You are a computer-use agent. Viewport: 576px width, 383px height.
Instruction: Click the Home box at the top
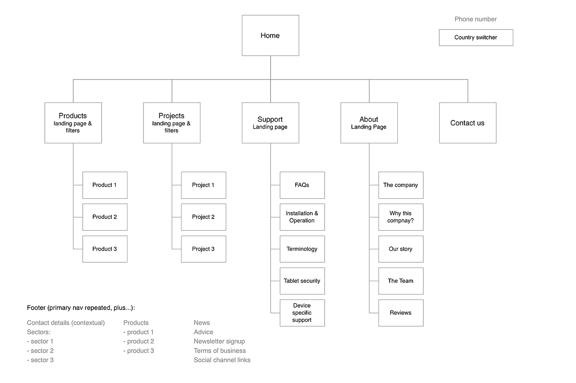point(270,36)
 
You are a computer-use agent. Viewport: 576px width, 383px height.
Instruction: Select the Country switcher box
point(476,38)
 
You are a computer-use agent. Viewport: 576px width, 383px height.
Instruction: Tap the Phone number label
point(476,19)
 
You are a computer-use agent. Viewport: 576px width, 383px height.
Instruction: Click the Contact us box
point(468,123)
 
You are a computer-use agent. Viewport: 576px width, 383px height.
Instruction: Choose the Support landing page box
point(270,123)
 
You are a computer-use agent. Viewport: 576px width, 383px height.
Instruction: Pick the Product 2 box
point(105,217)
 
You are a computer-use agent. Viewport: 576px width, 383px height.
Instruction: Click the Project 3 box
point(203,249)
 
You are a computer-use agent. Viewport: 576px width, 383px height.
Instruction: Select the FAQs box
point(302,185)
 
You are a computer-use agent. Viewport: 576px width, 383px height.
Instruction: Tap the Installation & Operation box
point(302,217)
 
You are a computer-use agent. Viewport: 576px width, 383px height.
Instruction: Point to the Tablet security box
point(302,281)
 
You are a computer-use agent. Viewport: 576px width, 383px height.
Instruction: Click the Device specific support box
point(302,313)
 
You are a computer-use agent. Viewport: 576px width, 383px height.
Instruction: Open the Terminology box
point(302,249)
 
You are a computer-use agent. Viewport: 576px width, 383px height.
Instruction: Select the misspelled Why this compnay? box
point(400,217)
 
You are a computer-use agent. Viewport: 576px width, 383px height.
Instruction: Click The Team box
point(400,281)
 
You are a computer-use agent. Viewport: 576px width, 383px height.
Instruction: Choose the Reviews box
point(400,313)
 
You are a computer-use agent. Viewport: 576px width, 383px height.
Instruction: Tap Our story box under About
point(400,249)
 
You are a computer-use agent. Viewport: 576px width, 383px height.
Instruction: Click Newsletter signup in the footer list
point(219,342)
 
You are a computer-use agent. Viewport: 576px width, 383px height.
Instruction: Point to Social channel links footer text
point(222,360)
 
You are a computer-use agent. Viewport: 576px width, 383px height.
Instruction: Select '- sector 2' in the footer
point(40,351)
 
